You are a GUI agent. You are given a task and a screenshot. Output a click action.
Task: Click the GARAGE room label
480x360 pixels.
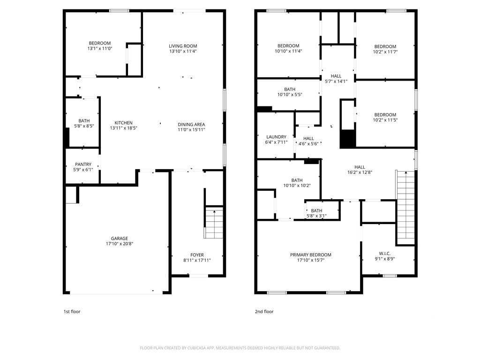pyautogui.click(x=120, y=239)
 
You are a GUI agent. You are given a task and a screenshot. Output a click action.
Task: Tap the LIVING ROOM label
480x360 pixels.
pyautogui.click(x=183, y=46)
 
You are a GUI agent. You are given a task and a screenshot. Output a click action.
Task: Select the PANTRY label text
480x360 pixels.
pyautogui.click(x=83, y=165)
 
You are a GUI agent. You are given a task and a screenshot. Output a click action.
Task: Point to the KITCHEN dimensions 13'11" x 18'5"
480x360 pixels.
pyautogui.click(x=124, y=128)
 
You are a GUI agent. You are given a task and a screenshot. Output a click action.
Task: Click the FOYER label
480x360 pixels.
pyautogui.click(x=197, y=255)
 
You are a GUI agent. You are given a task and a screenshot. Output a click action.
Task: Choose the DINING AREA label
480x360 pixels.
pyautogui.click(x=191, y=124)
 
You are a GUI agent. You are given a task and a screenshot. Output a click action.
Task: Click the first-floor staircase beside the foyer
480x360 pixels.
pyautogui.click(x=214, y=223)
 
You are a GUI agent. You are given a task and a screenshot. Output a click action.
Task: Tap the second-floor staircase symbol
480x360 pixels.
pyautogui.click(x=405, y=208)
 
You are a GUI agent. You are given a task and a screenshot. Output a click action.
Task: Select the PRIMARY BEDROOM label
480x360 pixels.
pyautogui.click(x=311, y=255)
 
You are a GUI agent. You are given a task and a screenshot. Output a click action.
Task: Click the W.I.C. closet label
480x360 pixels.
pyautogui.click(x=385, y=254)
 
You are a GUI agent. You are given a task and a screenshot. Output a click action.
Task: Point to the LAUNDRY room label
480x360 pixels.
pyautogui.click(x=276, y=137)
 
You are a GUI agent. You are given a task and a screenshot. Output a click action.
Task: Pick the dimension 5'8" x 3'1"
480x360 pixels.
pyautogui.click(x=316, y=216)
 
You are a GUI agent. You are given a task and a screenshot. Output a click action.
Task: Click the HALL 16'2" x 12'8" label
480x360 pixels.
pyautogui.click(x=360, y=170)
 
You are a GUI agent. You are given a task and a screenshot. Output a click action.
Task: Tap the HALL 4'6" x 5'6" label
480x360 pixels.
pyautogui.click(x=308, y=141)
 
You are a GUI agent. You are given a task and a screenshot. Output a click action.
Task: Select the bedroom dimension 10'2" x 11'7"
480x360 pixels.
pyautogui.click(x=385, y=52)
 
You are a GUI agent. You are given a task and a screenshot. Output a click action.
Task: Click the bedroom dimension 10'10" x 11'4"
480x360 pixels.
pyautogui.click(x=288, y=51)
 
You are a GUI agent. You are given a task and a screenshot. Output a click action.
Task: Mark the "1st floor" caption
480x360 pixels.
pyautogui.click(x=72, y=312)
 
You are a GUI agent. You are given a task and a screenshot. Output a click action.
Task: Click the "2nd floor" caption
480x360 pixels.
pyautogui.click(x=264, y=312)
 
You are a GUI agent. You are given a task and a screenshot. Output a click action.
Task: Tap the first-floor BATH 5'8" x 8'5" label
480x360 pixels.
pyautogui.click(x=84, y=123)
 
